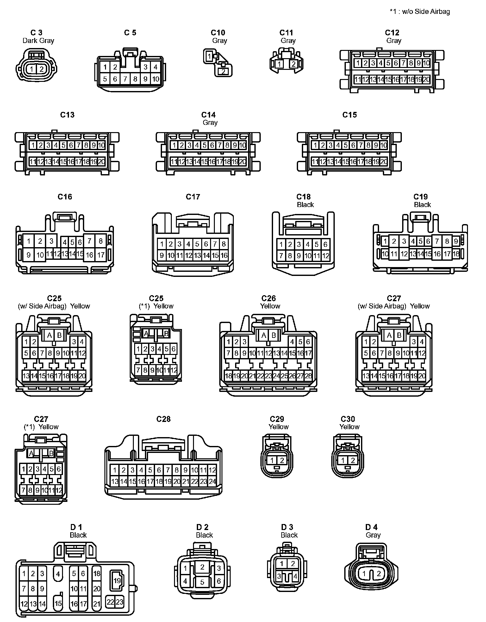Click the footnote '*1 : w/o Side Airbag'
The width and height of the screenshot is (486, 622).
(420, 12)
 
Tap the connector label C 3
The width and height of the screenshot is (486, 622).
(36, 33)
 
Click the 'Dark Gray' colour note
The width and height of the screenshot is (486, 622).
(38, 40)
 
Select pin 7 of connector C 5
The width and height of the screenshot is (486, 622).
(125, 79)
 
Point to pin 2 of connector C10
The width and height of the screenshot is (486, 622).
(223, 71)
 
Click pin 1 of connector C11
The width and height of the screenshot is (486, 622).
(279, 64)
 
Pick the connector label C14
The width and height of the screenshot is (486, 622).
(209, 115)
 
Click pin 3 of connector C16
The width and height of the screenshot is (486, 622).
(51, 241)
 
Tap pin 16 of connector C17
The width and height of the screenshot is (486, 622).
(224, 255)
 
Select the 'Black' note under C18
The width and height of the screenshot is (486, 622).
(305, 204)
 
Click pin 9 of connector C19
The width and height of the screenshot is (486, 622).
(456, 241)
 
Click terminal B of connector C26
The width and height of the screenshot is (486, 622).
(274, 335)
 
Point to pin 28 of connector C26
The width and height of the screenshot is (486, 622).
(308, 376)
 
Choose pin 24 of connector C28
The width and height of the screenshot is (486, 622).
(212, 481)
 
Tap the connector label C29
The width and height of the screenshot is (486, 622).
(277, 419)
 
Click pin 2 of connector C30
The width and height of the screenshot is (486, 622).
(353, 461)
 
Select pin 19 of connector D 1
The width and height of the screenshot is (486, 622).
(117, 581)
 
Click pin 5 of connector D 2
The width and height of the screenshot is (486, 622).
(202, 582)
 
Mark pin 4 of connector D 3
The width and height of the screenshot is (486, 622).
(295, 576)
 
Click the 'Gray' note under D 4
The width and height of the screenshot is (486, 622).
(373, 535)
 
